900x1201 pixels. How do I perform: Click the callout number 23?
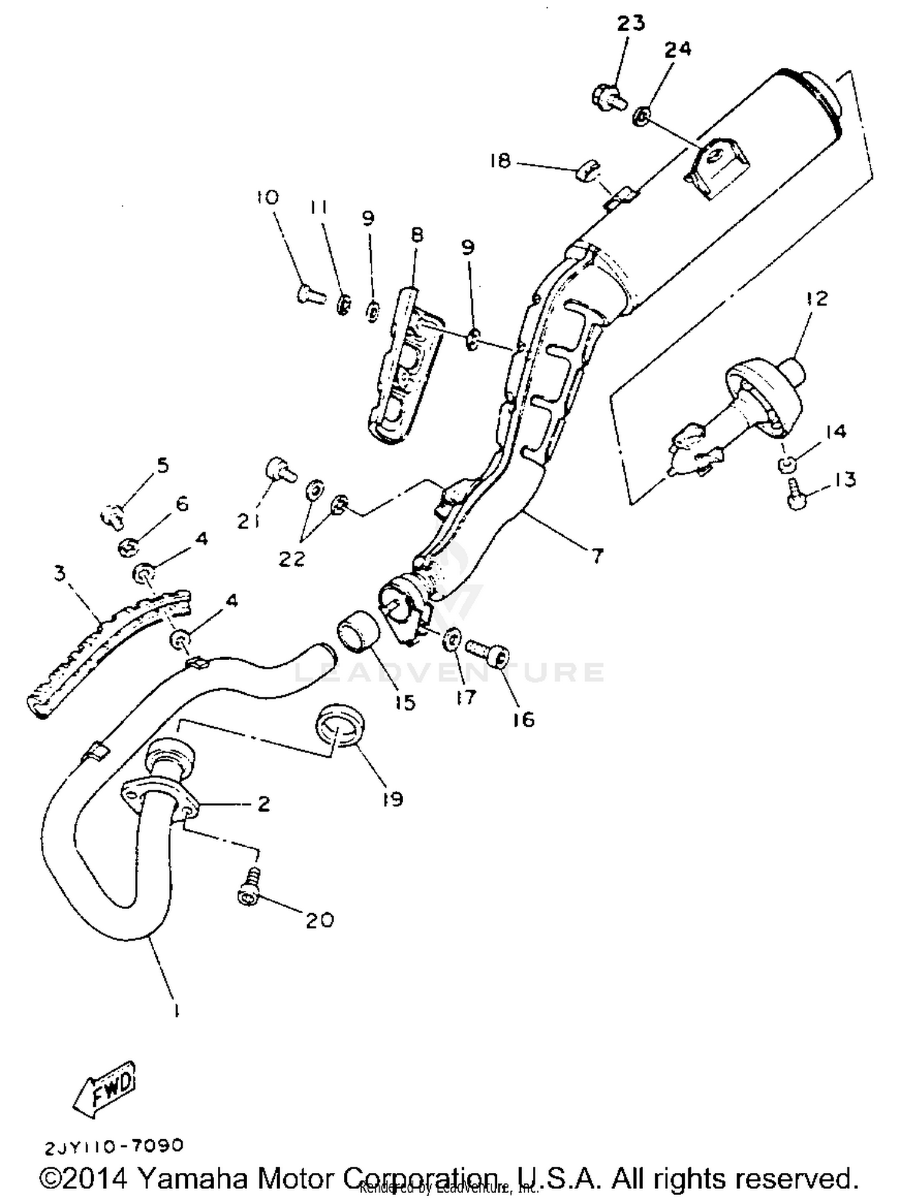point(631,23)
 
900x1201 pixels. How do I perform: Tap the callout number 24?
point(677,49)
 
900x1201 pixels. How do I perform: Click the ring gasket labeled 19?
point(340,726)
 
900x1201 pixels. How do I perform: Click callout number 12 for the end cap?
point(817,298)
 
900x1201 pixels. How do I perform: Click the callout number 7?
point(596,557)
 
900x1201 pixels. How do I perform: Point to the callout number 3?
point(59,573)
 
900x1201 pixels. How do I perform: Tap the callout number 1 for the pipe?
point(176,1010)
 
